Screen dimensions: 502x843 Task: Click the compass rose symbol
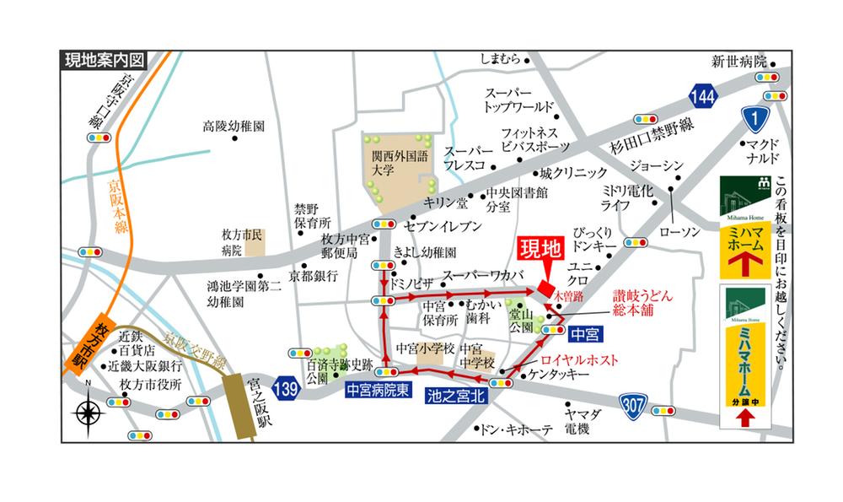tap(89, 413)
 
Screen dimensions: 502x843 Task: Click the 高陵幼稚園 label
tap(234, 126)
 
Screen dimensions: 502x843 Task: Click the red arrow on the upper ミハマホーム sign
tap(744, 262)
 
